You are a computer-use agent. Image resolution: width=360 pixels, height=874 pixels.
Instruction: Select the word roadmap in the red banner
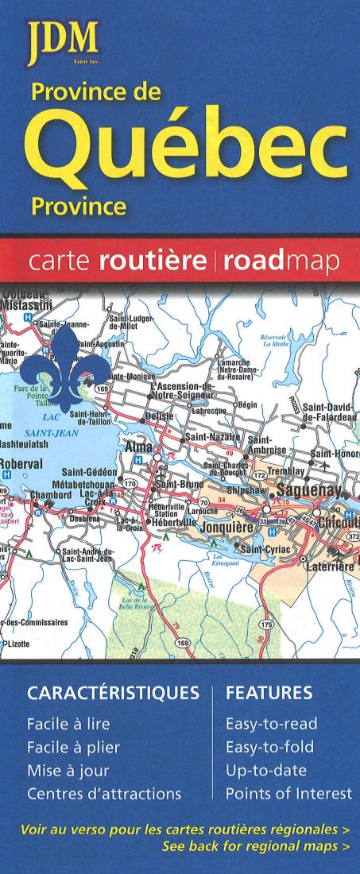click(x=282, y=261)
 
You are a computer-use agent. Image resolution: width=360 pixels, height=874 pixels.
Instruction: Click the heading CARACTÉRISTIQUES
click(x=113, y=694)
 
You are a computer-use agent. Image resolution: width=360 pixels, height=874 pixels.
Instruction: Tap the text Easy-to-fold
click(x=270, y=747)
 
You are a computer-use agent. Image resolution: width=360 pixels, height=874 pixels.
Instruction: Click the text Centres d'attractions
click(x=104, y=793)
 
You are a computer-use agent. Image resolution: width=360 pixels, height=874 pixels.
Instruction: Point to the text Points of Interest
click(x=288, y=793)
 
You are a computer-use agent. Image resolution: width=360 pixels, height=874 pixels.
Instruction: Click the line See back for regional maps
click(x=255, y=847)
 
